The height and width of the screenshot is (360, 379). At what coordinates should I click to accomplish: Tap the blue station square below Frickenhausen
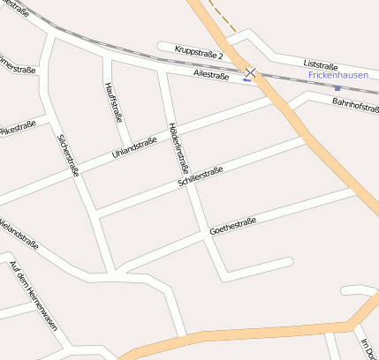pyautogui.click(x=337, y=88)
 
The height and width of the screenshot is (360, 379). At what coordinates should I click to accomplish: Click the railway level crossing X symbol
pyautogui.click(x=252, y=71)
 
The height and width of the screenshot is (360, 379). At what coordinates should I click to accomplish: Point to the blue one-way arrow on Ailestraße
pyautogui.click(x=246, y=80)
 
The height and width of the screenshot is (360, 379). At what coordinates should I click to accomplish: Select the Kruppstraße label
pyautogui.click(x=195, y=52)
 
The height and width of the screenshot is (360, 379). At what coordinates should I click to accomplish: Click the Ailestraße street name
pyautogui.click(x=211, y=76)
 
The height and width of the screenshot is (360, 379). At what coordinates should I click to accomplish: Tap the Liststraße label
pyautogui.click(x=321, y=64)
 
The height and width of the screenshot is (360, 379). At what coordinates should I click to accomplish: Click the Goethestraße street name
pyautogui.click(x=232, y=227)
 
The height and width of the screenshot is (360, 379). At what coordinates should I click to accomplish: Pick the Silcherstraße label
pyautogui.click(x=68, y=155)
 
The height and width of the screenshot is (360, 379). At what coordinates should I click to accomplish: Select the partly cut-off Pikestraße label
pyautogui.click(x=18, y=128)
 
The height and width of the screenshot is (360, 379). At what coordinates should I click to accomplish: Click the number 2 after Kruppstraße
pyautogui.click(x=220, y=56)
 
